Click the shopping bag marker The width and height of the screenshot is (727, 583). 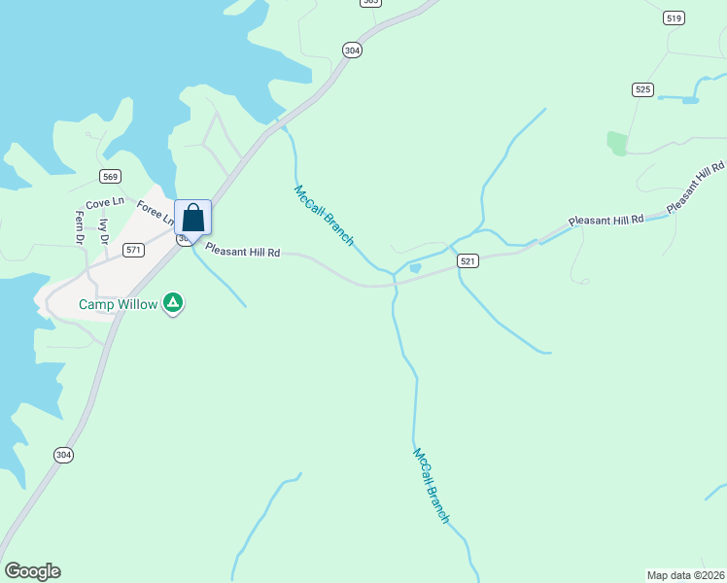tap(192, 218)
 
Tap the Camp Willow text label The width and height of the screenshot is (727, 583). tap(117, 304)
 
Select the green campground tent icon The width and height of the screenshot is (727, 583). tap(173, 303)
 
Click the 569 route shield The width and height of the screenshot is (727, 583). tap(110, 176)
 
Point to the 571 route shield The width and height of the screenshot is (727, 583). tap(134, 250)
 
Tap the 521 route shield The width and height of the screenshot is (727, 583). tap(468, 261)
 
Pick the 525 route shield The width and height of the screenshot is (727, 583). tap(641, 89)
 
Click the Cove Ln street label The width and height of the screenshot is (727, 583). tap(105, 203)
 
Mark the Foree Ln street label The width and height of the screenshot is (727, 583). tap(155, 212)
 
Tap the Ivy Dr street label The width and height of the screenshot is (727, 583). tap(103, 231)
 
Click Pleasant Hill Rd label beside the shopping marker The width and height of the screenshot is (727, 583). tap(242, 252)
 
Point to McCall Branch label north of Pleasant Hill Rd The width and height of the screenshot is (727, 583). tap(324, 215)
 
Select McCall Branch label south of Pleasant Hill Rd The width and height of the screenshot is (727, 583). tap(431, 485)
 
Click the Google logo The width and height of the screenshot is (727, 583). tap(32, 571)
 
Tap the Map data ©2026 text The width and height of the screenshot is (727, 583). tap(685, 575)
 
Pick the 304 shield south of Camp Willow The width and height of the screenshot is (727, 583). tap(63, 455)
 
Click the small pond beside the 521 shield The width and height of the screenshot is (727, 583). tap(415, 268)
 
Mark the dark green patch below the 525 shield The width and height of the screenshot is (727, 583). tap(617, 144)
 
